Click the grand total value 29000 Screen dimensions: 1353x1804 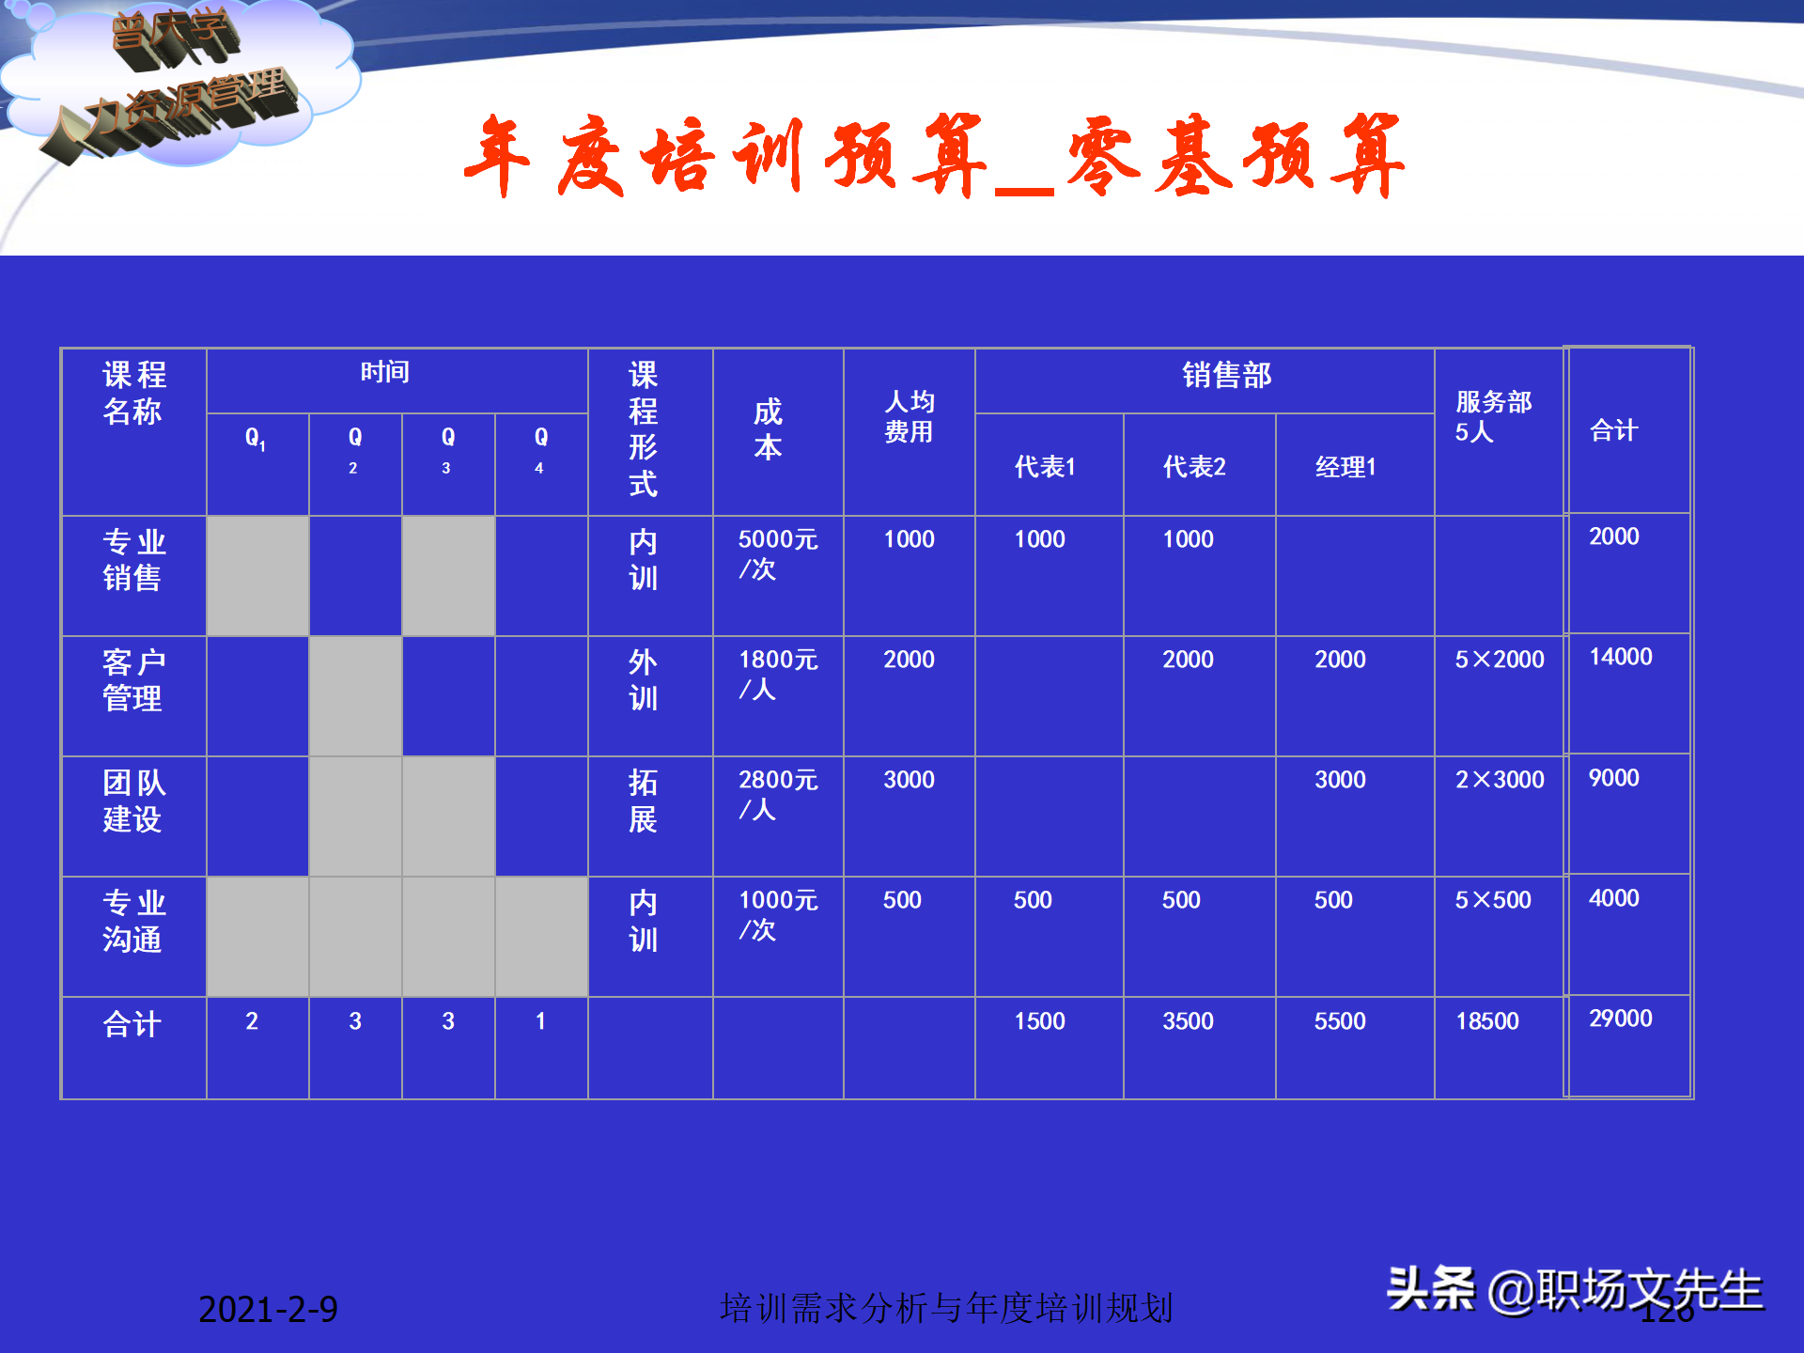coord(1620,1019)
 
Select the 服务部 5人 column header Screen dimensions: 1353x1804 coord(1493,416)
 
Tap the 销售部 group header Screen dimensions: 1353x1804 coord(1226,375)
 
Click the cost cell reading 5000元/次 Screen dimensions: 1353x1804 coord(777,553)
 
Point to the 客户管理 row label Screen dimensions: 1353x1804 coord(133,680)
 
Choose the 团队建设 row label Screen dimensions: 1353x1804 coord(133,801)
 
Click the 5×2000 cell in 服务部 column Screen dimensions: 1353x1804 coord(1499,660)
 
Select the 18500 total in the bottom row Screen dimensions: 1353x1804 coord(1486,1021)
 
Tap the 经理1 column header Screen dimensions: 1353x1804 coord(1345,467)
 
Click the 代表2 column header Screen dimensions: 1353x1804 coord(1194,467)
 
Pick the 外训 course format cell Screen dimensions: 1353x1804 coord(643,680)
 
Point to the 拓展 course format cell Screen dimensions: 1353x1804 coord(643,801)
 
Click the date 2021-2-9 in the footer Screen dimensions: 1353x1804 coord(268,1309)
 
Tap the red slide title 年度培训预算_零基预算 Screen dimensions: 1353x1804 coord(934,156)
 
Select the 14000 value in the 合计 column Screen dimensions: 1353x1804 coord(1620,657)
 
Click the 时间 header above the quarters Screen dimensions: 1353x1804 coord(385,372)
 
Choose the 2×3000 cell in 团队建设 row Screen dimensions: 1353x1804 coord(1499,780)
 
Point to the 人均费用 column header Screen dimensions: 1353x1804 coord(909,416)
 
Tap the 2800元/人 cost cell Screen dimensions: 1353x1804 coord(777,794)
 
